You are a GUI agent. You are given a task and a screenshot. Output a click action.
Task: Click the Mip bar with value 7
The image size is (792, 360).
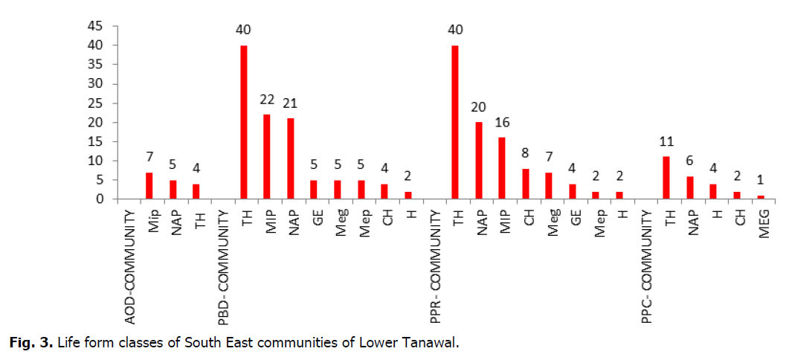[x=149, y=186]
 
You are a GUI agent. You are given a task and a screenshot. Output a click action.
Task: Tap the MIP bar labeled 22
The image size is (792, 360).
[x=267, y=157]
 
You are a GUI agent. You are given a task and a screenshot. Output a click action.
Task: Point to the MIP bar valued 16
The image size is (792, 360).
[x=502, y=168]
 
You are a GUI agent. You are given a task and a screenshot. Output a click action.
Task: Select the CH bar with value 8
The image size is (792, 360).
[x=525, y=184]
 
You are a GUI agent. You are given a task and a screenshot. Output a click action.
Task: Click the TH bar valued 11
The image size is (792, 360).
[x=666, y=178]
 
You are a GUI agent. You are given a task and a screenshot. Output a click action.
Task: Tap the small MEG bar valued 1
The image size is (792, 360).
[x=761, y=197]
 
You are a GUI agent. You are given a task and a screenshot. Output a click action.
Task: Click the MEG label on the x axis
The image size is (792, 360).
[x=763, y=221]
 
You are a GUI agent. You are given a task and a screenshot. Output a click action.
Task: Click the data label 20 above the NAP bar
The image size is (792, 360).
[x=478, y=108]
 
